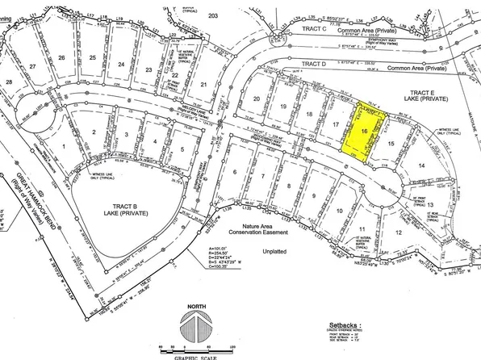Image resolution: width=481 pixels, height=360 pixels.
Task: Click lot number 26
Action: (61, 58)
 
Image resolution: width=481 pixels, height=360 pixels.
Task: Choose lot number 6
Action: (235, 171)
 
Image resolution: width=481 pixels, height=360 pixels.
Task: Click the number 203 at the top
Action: (213, 15)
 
